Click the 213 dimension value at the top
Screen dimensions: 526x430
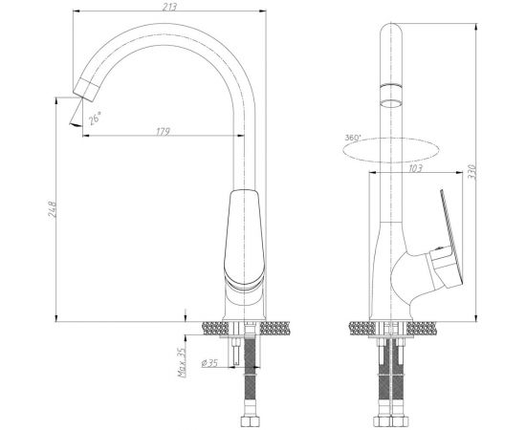(169, 7)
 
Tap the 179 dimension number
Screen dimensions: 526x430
(164, 131)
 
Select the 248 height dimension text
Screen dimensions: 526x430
(53, 209)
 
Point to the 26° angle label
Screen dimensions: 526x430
(95, 118)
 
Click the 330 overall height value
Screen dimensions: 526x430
(471, 172)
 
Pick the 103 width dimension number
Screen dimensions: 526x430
(415, 168)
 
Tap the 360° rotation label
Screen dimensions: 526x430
(353, 138)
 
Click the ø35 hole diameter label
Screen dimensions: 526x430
(209, 363)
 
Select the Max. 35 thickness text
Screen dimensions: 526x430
(182, 362)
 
